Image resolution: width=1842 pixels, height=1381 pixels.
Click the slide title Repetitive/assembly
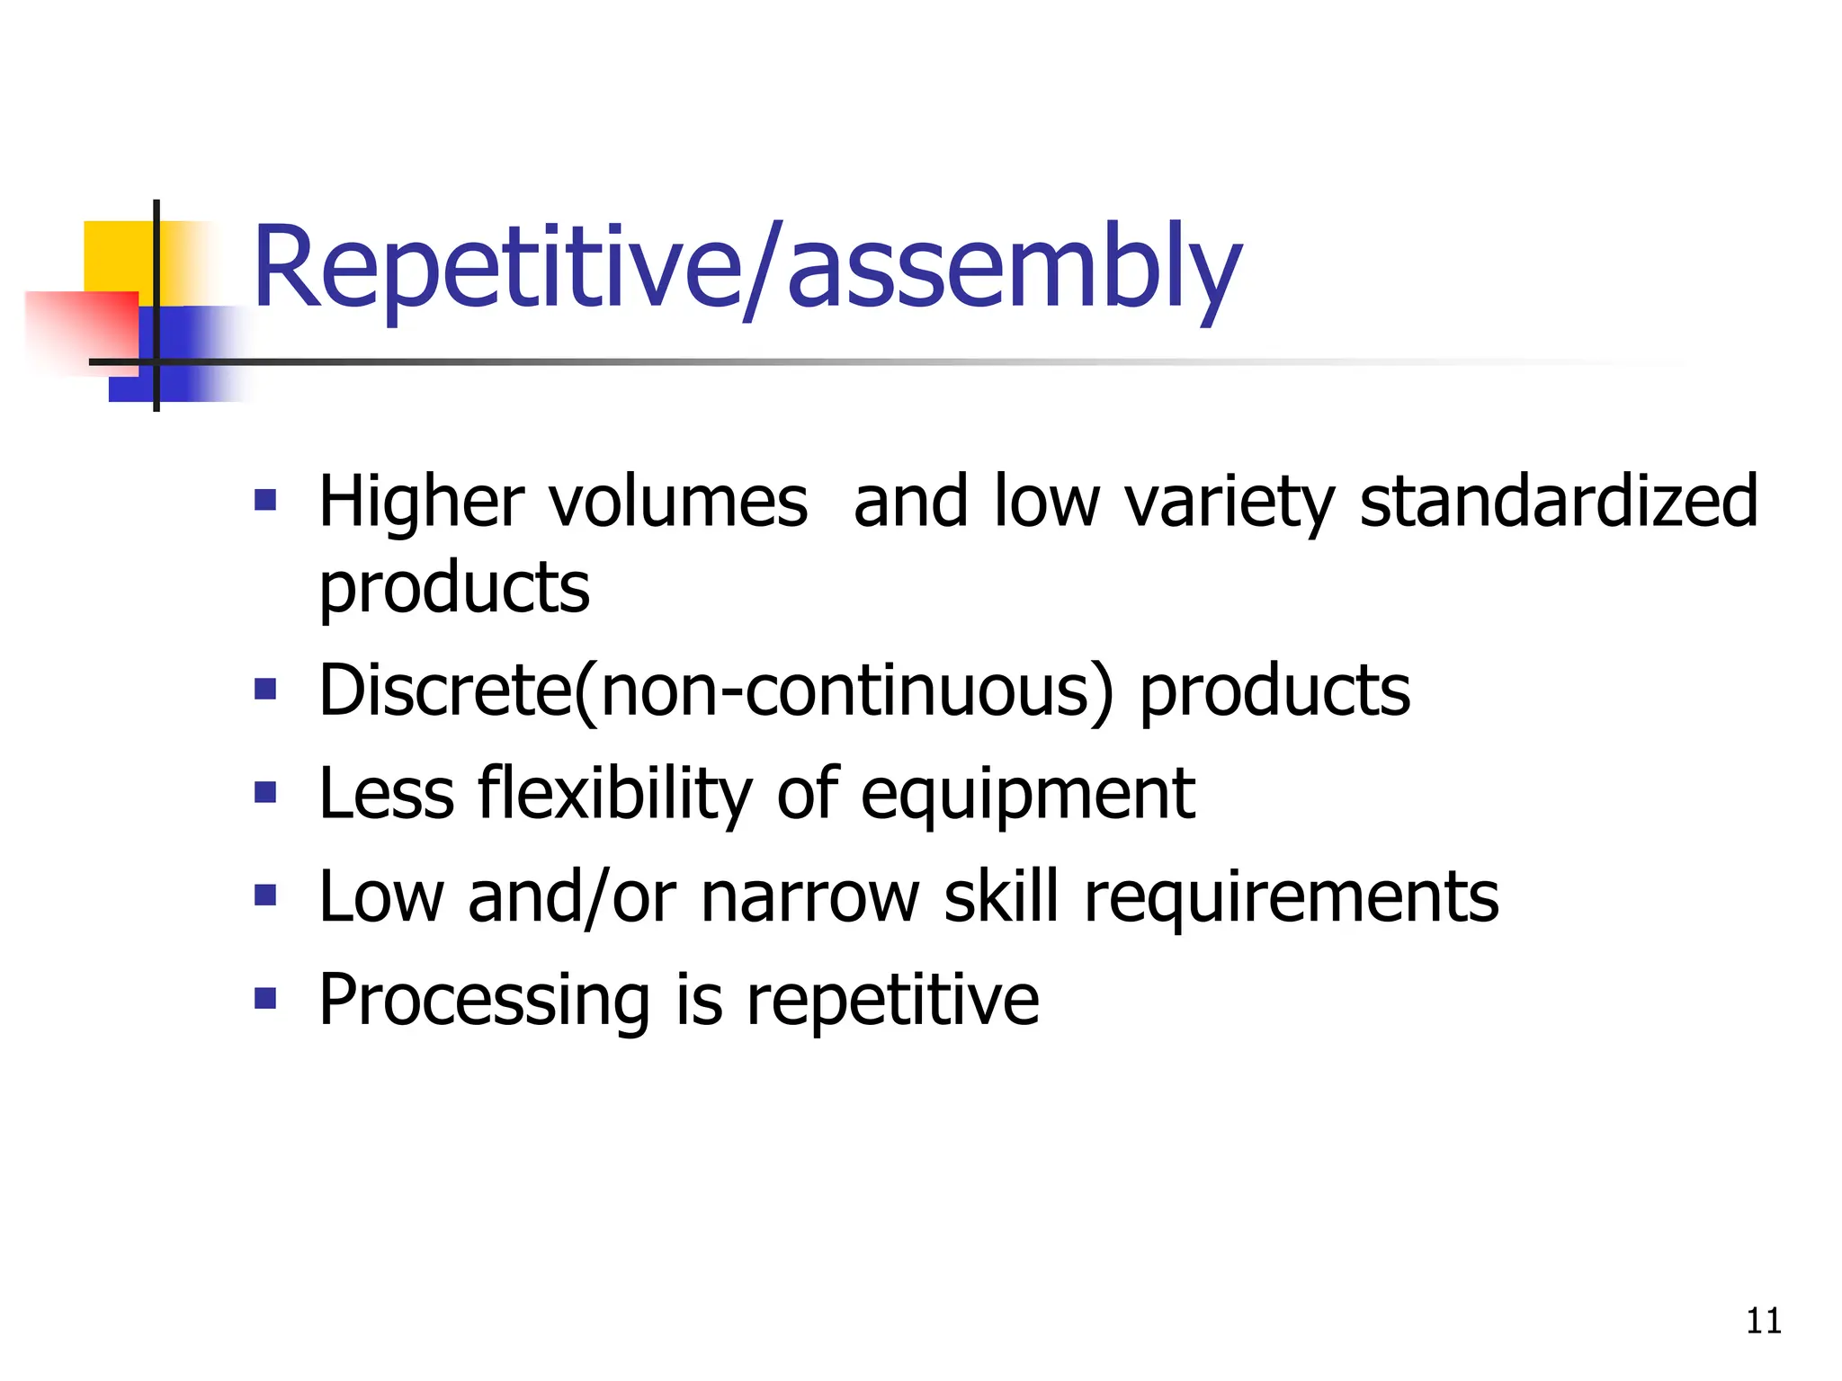(x=747, y=270)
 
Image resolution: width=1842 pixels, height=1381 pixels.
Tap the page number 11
(x=1763, y=1321)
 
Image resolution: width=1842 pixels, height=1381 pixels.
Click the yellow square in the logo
(x=117, y=256)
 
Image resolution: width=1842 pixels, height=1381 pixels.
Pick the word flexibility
(x=613, y=795)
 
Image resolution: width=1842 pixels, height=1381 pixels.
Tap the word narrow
(x=809, y=897)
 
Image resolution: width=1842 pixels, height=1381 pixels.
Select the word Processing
(x=484, y=1001)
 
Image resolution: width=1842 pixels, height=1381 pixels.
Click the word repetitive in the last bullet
(x=892, y=1001)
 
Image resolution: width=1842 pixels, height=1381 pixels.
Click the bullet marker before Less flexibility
(x=265, y=792)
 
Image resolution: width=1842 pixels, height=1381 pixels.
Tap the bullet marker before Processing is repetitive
(x=265, y=998)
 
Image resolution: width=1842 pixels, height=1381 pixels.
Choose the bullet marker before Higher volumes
(x=265, y=500)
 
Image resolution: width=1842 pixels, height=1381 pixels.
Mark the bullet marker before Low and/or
(x=265, y=895)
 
